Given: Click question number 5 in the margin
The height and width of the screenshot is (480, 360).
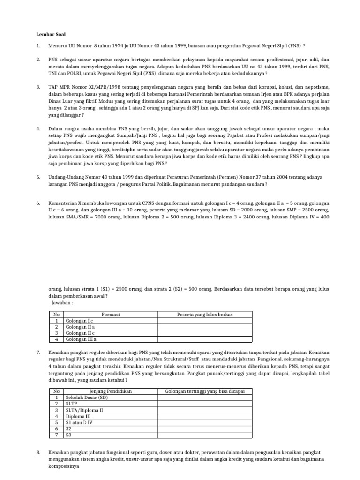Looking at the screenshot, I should (38, 177).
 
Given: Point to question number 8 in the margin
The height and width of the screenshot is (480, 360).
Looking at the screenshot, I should (38, 453).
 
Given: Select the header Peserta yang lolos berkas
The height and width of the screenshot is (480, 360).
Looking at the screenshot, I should (205, 315).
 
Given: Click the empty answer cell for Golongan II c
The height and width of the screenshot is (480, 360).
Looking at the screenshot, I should (205, 333).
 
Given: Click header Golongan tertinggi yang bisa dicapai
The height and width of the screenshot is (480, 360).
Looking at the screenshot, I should (205, 391).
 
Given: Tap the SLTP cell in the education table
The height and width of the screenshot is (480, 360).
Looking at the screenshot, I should (72, 403).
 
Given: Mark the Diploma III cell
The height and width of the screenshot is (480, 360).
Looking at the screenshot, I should (78, 415).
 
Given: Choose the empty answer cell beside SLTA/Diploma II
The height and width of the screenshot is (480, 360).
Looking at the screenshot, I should (205, 409).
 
